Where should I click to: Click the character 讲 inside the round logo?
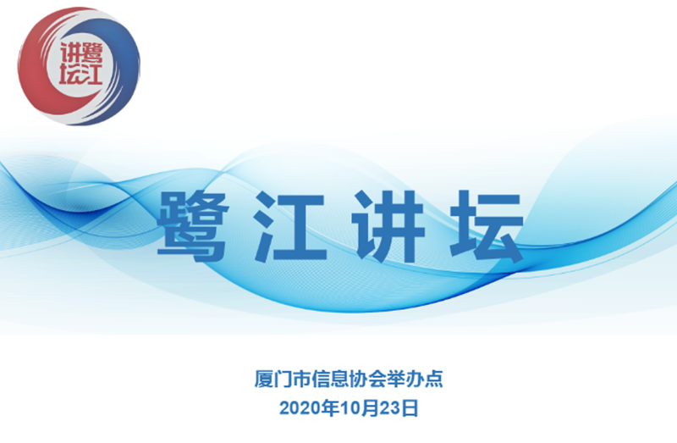pos(70,53)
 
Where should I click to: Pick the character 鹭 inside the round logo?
pos(91,53)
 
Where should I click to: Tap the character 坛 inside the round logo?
pos(70,75)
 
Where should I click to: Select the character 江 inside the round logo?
pos(91,75)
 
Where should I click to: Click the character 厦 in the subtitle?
pos(263,379)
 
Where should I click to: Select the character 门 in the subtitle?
pos(283,379)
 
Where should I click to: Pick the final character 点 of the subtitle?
pos(434,379)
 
